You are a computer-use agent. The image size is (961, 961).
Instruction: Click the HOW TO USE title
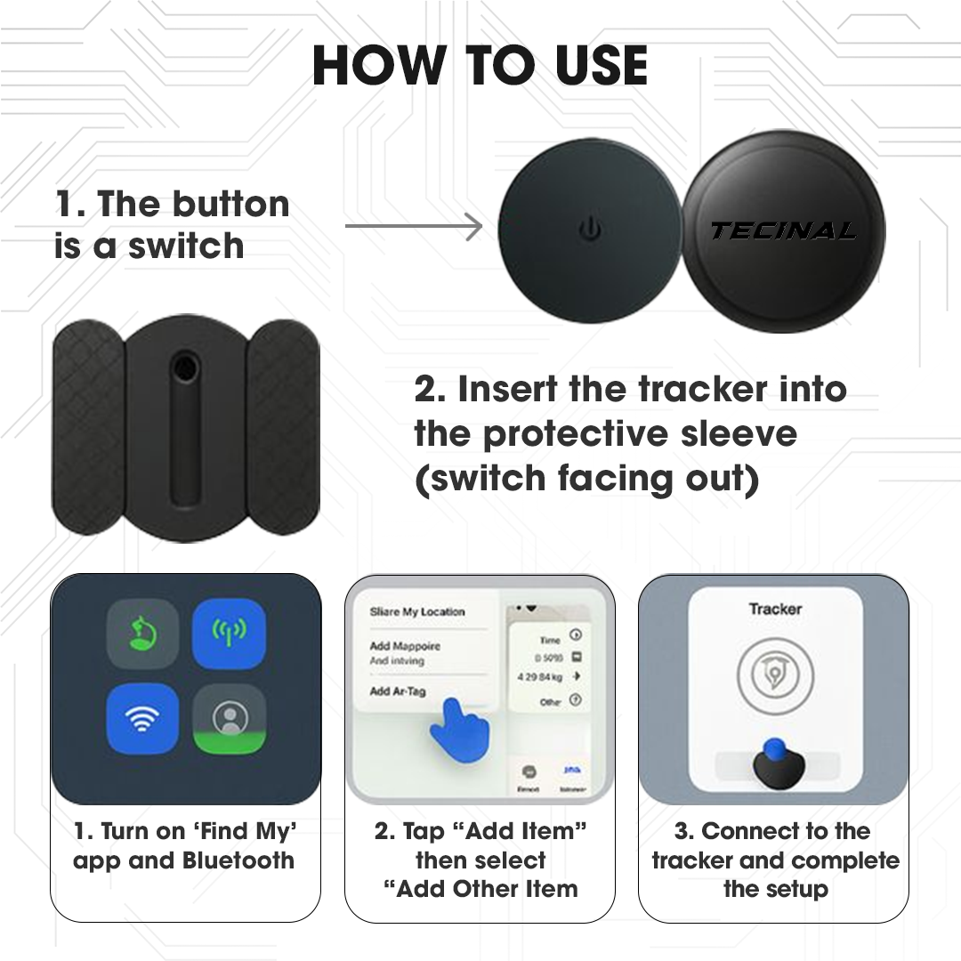point(480,67)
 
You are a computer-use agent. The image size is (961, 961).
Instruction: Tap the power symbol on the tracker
point(590,230)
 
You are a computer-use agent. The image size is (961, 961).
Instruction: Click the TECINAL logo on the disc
point(783,231)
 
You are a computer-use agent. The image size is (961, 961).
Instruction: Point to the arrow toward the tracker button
point(414,226)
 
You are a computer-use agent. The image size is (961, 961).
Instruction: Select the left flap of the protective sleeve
point(89,426)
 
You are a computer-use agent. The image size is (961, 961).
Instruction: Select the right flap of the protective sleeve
point(283,426)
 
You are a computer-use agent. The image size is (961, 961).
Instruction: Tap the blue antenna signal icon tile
point(230,633)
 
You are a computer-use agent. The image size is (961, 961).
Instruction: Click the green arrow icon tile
point(142,633)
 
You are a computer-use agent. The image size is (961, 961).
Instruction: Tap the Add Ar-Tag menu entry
point(398,691)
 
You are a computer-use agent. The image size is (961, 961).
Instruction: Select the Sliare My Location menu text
point(417,612)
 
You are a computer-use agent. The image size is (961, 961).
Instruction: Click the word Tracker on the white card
point(775,610)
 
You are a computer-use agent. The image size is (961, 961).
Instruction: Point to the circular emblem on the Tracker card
point(774,676)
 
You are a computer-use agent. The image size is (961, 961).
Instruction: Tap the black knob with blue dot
point(774,765)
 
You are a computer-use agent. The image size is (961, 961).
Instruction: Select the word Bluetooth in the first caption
point(238,861)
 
